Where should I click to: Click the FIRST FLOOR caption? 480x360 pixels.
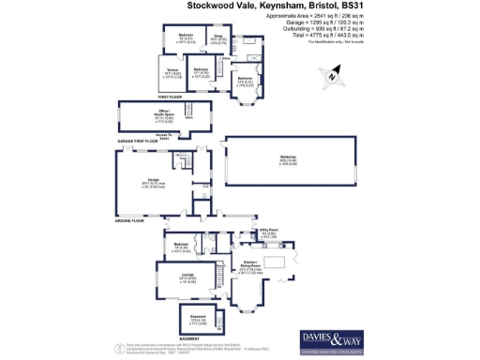pos(169,97)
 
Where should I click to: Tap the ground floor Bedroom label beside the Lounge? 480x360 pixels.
pos(182,248)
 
